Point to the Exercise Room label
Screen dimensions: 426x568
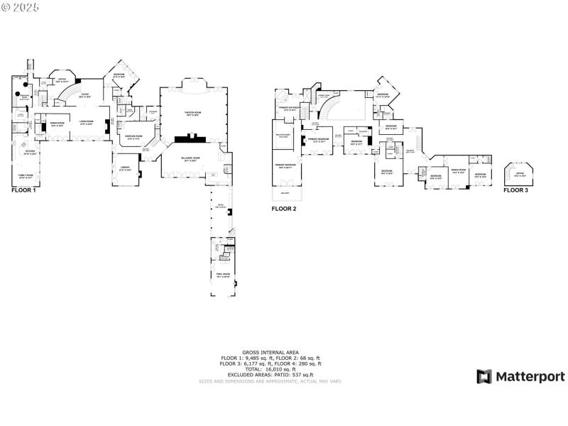click(134, 136)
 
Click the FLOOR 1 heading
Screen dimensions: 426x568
click(23, 191)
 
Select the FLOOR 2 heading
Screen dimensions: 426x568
click(284, 209)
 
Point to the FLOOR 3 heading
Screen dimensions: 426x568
click(516, 190)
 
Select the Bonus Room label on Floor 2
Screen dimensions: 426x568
click(457, 171)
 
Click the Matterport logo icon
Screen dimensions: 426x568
click(484, 376)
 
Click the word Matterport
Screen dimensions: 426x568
click(530, 376)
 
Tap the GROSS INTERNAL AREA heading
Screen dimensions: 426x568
click(271, 352)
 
